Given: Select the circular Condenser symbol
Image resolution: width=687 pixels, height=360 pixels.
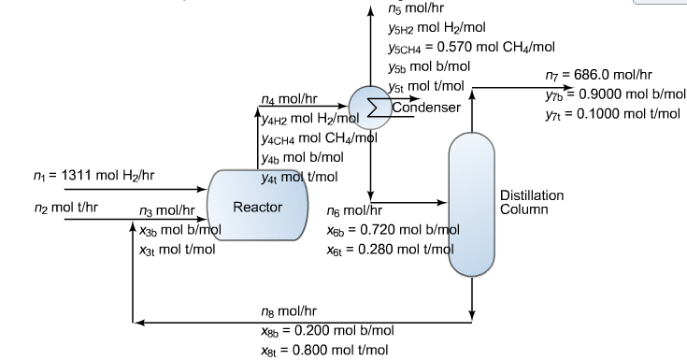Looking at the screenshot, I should coord(371,102).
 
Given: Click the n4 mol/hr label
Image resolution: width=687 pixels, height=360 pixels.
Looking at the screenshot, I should coord(290,98).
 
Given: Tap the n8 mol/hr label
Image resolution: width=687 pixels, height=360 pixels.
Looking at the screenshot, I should coord(289,310).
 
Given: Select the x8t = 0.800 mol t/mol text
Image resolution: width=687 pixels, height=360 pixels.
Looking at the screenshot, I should coord(324,350).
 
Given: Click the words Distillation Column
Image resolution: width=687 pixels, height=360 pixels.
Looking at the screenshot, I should coord(533,202).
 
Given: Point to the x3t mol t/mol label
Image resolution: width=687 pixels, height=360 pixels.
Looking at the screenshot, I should coord(178,250).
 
